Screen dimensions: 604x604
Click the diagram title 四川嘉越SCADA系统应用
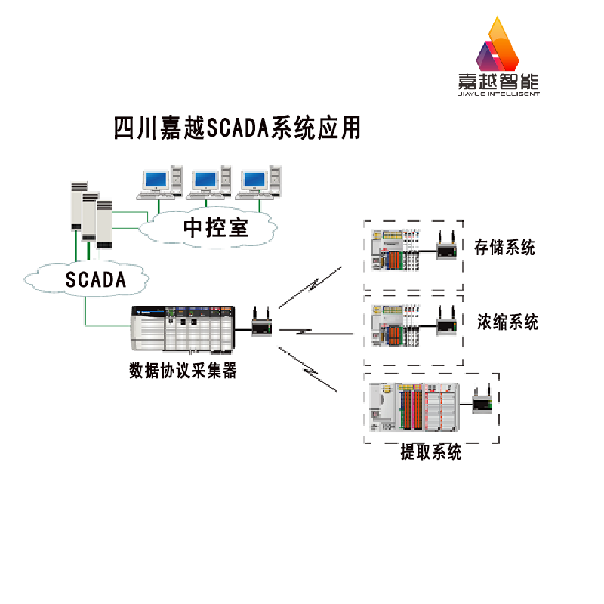point(236,127)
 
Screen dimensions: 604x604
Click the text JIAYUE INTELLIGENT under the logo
point(500,96)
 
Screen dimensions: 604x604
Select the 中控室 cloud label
point(216,226)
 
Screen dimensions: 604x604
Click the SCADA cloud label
point(95,279)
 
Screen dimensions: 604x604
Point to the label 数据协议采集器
point(183,371)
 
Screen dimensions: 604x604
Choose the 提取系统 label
point(430,453)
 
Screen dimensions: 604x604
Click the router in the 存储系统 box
point(447,247)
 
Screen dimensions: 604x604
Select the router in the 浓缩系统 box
point(446,323)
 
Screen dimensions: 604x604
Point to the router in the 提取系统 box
point(482,401)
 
